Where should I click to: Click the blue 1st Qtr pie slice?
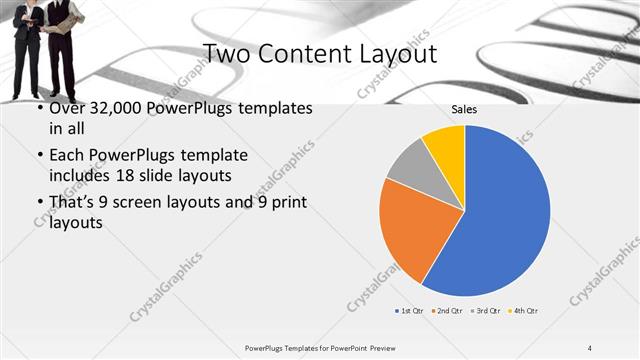pos(500,220)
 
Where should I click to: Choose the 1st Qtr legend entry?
pos(410,311)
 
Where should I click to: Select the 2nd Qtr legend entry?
pos(447,311)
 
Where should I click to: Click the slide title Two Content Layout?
pos(319,52)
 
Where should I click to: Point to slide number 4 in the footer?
pos(590,347)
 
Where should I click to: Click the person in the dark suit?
pos(27,45)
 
